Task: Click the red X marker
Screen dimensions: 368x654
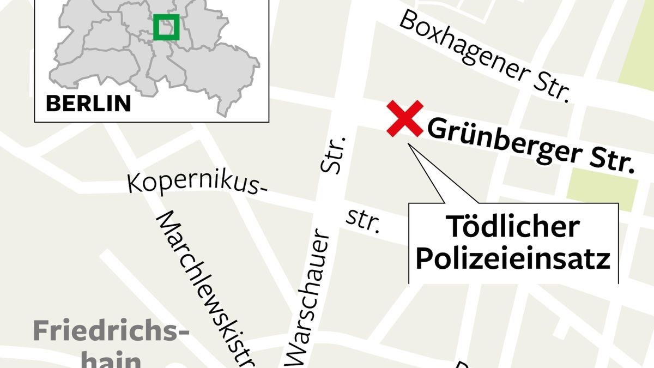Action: click(x=405, y=118)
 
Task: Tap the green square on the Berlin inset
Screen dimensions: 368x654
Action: click(x=166, y=27)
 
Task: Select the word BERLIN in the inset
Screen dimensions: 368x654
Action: click(x=88, y=103)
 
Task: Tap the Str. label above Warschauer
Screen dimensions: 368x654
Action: click(x=334, y=154)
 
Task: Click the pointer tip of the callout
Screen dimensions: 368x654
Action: click(x=410, y=144)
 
